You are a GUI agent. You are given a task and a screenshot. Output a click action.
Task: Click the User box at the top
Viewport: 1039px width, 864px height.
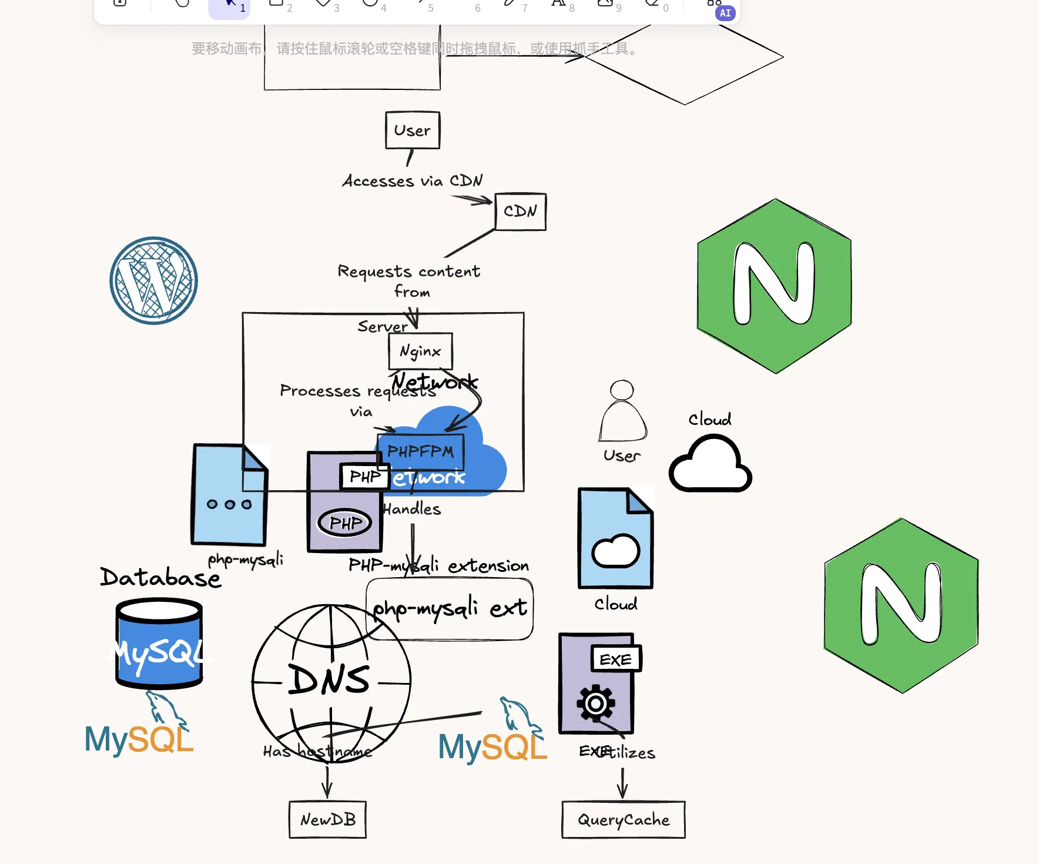(x=413, y=130)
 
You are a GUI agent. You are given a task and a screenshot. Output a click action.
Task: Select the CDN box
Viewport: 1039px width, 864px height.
(x=520, y=212)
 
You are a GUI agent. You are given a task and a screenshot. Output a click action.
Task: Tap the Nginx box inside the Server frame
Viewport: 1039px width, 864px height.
(x=420, y=351)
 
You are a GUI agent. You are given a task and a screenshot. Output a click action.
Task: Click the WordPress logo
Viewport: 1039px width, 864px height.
(x=153, y=280)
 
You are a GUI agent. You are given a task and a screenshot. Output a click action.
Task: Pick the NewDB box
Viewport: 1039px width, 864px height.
(x=327, y=819)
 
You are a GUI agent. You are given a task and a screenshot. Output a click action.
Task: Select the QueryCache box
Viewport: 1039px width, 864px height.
(x=623, y=819)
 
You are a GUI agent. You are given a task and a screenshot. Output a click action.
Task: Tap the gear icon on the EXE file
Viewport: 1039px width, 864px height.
(x=595, y=703)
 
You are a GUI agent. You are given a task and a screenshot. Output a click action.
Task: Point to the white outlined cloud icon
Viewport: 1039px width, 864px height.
(x=710, y=464)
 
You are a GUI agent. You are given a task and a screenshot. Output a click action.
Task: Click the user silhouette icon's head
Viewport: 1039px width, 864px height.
(x=622, y=390)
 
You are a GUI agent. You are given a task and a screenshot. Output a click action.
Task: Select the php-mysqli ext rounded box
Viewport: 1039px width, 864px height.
(x=450, y=609)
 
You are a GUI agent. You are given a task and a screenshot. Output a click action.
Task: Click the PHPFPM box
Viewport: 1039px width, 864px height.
(x=420, y=451)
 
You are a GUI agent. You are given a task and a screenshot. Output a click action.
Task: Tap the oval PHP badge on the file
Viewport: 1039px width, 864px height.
(x=345, y=523)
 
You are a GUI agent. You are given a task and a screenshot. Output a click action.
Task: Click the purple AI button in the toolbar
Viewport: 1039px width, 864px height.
(x=725, y=13)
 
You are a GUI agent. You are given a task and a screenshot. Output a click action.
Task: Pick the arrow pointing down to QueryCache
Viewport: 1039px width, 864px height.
(x=622, y=783)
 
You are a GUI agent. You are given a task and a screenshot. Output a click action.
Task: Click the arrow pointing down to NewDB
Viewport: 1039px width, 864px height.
(x=327, y=782)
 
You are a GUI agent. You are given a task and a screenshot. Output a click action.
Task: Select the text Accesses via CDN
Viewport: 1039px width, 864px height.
(x=413, y=180)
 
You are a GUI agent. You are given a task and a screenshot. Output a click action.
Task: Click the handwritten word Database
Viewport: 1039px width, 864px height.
(x=160, y=577)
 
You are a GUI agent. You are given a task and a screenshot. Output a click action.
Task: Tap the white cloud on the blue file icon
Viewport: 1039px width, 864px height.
(x=615, y=551)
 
